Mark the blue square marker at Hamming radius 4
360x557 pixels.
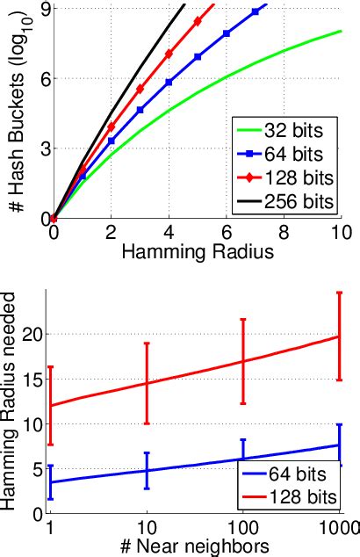[169, 82]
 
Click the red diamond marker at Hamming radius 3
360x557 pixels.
[140, 89]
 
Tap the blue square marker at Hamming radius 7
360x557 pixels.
[256, 11]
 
